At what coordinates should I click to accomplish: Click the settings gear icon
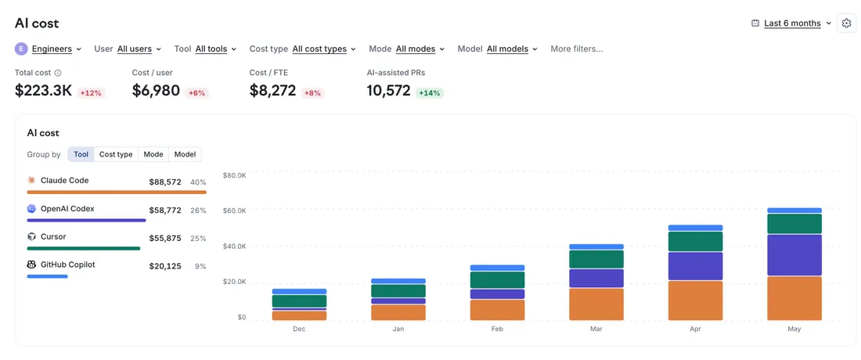click(846, 23)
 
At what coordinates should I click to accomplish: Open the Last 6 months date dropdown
click(791, 23)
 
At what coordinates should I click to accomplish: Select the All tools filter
click(211, 49)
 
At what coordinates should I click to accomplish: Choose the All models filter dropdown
click(507, 49)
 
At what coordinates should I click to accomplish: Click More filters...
click(577, 49)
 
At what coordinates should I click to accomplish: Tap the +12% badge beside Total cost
click(91, 93)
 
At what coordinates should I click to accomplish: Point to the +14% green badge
click(430, 93)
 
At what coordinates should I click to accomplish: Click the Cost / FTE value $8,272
click(273, 91)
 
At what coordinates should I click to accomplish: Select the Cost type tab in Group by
click(116, 154)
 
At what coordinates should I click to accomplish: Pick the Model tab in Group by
click(185, 154)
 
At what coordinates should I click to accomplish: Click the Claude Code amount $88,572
click(165, 182)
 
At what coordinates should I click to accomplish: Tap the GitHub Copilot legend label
click(67, 265)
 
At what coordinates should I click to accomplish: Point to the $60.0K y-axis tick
click(234, 211)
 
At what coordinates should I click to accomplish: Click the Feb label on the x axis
click(497, 329)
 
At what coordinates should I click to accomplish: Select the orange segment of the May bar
click(794, 298)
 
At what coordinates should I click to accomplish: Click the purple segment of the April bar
click(695, 266)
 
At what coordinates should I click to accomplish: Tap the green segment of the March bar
click(596, 259)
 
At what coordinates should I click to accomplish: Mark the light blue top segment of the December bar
click(299, 291)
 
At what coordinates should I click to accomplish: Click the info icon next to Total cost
click(58, 73)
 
